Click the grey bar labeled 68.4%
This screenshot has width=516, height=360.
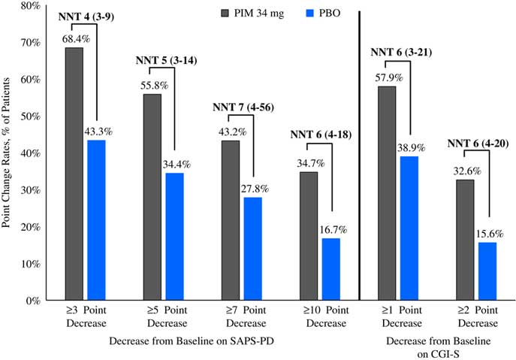(74, 174)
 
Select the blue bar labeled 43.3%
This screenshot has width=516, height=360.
(96, 220)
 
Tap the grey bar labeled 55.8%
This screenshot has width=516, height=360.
(152, 197)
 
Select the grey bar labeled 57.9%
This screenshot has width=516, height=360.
(388, 193)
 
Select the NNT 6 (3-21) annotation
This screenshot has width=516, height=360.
(400, 53)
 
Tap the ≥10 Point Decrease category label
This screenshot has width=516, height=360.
(321, 316)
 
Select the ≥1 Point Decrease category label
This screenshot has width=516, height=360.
(399, 316)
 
